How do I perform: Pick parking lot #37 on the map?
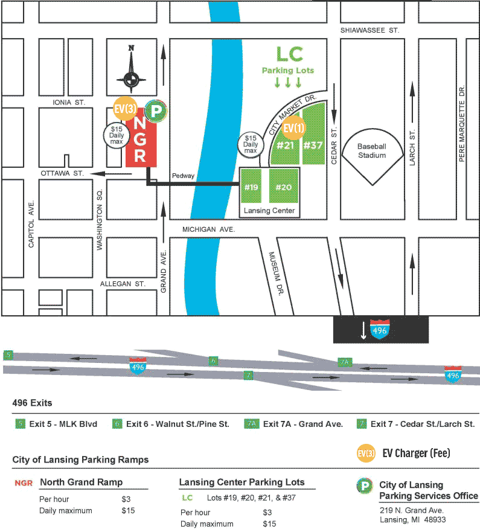313,145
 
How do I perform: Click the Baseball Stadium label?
371,151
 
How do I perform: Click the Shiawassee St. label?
370,30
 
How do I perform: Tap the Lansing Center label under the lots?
269,211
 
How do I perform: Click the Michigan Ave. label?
209,230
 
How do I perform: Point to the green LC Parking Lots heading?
288,61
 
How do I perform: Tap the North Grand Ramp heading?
82,482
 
